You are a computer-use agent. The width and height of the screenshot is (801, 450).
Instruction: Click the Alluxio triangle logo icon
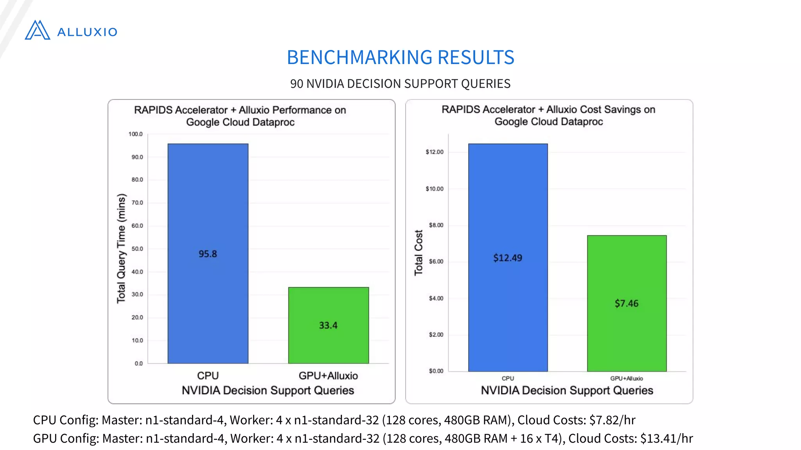(38, 30)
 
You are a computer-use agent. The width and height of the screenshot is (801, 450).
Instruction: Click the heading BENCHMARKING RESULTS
(400, 57)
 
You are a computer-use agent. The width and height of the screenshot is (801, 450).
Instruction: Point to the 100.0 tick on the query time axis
(136, 134)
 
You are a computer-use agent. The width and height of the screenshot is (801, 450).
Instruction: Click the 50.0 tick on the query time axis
(137, 249)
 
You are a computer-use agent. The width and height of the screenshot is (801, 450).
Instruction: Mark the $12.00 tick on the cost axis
(435, 152)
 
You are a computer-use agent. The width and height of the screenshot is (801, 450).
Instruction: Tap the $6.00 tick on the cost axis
(436, 262)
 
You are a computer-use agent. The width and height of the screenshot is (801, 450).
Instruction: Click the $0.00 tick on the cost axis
(436, 371)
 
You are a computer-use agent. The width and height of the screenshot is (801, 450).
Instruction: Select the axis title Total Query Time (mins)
(121, 248)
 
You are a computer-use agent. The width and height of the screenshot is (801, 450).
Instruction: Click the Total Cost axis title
(418, 252)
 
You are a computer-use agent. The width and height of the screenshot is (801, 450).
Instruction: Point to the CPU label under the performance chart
(208, 376)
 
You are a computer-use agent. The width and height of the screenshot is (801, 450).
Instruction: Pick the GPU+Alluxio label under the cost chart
(627, 379)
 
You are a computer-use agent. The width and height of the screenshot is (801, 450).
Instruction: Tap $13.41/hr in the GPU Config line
(666, 438)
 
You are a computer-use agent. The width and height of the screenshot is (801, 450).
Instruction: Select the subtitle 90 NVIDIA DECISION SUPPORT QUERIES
(400, 84)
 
